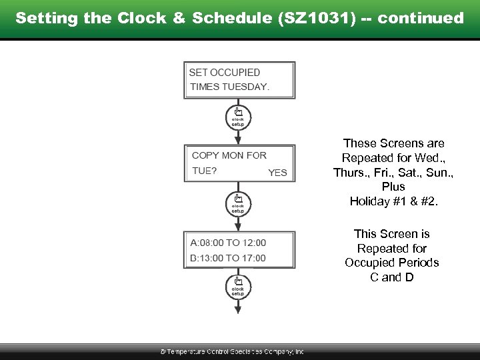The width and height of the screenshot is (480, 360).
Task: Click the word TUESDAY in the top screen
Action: tap(245, 87)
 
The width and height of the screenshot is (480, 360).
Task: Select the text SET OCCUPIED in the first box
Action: tap(225, 72)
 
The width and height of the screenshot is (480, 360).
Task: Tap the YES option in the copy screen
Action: tap(277, 173)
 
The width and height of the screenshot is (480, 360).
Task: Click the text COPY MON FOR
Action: tap(229, 155)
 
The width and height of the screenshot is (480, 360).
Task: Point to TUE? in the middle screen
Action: tap(204, 171)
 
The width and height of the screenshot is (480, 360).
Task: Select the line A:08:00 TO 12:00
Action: tap(228, 243)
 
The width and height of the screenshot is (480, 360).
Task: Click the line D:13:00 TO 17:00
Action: tap(228, 258)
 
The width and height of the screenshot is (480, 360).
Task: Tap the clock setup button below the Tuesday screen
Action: tap(238, 116)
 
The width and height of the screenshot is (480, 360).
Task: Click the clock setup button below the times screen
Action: tap(238, 286)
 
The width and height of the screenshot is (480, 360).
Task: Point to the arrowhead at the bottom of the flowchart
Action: tap(238, 309)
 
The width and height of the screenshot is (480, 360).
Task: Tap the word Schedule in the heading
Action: tap(223, 18)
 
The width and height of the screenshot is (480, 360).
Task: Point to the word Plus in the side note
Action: tap(393, 187)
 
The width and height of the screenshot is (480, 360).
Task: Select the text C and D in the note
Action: tap(392, 277)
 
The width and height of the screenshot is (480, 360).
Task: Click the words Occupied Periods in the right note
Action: tap(392, 263)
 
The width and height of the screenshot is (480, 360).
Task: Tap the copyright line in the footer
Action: tap(231, 351)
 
